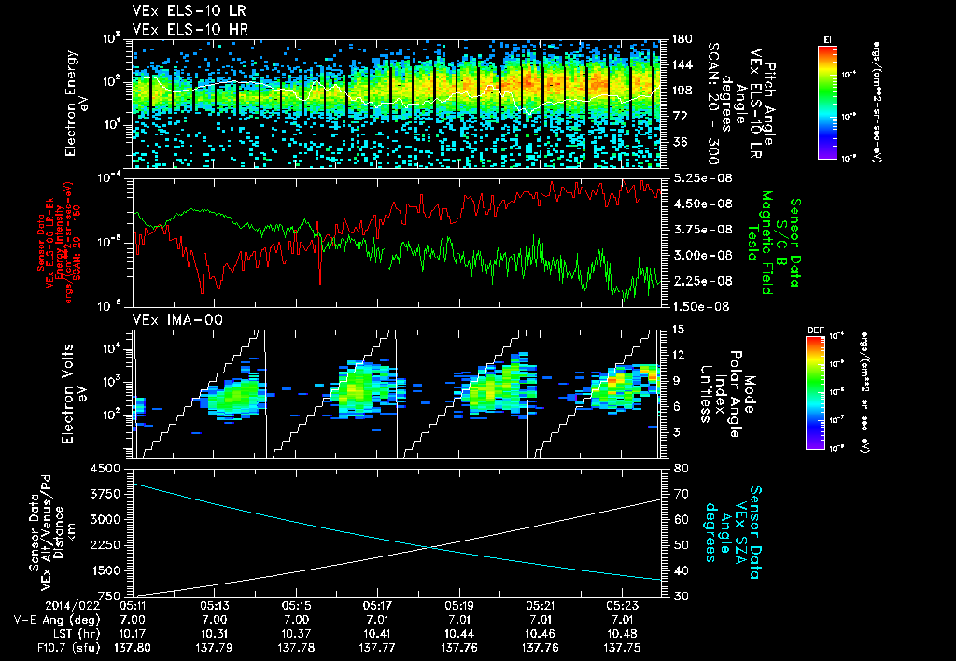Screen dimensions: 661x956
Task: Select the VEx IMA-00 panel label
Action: click(169, 319)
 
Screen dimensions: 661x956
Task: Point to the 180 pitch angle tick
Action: click(681, 39)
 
